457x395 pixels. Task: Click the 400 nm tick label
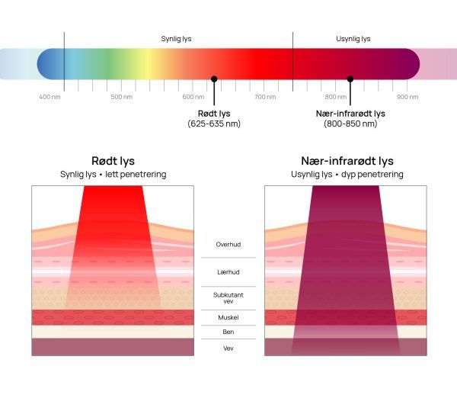pos(50,97)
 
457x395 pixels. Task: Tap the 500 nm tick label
pos(122,97)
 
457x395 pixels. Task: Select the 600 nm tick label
pos(193,97)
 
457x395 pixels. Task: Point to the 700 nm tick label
pos(264,97)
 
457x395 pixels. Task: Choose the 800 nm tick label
pos(336,97)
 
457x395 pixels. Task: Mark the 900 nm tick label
pos(407,97)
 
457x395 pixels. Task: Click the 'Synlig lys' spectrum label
pos(177,39)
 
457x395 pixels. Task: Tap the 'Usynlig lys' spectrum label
pos(353,39)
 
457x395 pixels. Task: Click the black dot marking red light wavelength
pos(214,79)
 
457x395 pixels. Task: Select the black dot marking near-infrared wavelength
pos(350,79)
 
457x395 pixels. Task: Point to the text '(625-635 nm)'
pos(214,124)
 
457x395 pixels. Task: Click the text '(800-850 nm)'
pos(350,124)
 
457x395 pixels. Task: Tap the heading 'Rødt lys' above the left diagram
pos(113,161)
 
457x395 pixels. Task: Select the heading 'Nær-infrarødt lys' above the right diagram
pos(347,161)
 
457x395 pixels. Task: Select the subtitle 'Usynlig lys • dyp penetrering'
pos(347,175)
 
